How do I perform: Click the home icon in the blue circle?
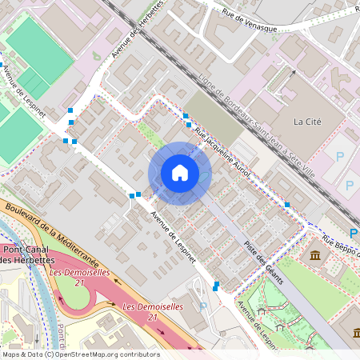(180, 173)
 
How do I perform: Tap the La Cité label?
(308, 122)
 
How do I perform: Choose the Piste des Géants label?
(265, 262)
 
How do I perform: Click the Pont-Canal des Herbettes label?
(28, 254)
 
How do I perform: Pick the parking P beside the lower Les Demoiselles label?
(202, 306)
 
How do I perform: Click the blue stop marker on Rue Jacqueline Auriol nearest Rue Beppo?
(286, 206)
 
